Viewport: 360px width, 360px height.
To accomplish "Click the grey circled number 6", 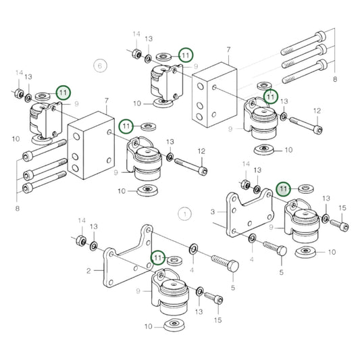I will [100, 66].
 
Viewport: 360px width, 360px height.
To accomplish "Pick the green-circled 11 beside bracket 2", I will [158, 257].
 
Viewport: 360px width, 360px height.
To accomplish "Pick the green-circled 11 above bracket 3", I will [284, 188].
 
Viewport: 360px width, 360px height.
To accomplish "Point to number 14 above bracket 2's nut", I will [81, 221].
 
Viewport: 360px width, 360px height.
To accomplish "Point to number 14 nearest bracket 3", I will [246, 164].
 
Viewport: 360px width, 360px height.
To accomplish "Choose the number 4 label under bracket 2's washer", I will [192, 271].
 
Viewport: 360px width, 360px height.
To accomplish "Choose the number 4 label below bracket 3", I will [251, 258].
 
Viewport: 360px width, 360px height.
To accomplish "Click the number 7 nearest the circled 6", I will [106, 101].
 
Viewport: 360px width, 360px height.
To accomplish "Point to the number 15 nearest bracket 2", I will [217, 319].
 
